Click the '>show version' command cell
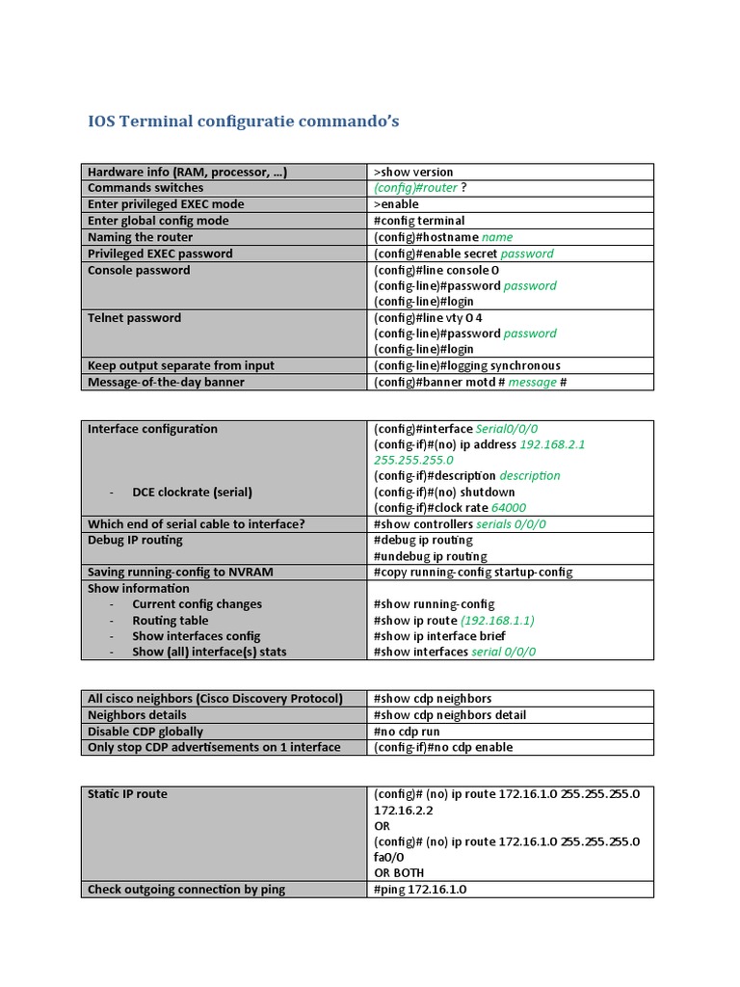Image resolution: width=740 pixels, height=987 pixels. [x=413, y=172]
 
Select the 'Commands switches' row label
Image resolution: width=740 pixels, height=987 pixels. [x=145, y=188]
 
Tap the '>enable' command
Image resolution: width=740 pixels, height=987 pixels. [x=396, y=204]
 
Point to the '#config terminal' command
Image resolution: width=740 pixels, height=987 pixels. [x=418, y=221]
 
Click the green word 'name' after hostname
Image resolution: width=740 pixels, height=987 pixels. [x=497, y=237]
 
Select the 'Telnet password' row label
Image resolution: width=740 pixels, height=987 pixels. [x=134, y=318]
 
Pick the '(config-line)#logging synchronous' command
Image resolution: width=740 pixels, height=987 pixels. [x=466, y=365]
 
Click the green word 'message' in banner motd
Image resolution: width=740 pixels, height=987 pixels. [x=532, y=382]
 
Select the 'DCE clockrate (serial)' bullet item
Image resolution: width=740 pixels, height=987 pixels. [x=192, y=492]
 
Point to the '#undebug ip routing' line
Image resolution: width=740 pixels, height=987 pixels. [x=430, y=556]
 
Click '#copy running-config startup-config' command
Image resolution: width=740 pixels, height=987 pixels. [x=472, y=572]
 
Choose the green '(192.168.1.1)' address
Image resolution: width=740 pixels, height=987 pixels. [x=497, y=621]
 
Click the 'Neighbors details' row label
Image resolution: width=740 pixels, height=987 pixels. [x=137, y=715]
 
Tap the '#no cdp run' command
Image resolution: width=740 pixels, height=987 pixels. [x=406, y=732]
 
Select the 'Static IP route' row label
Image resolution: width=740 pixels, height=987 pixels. [x=127, y=794]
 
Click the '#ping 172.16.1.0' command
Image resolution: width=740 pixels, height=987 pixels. [x=419, y=890]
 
